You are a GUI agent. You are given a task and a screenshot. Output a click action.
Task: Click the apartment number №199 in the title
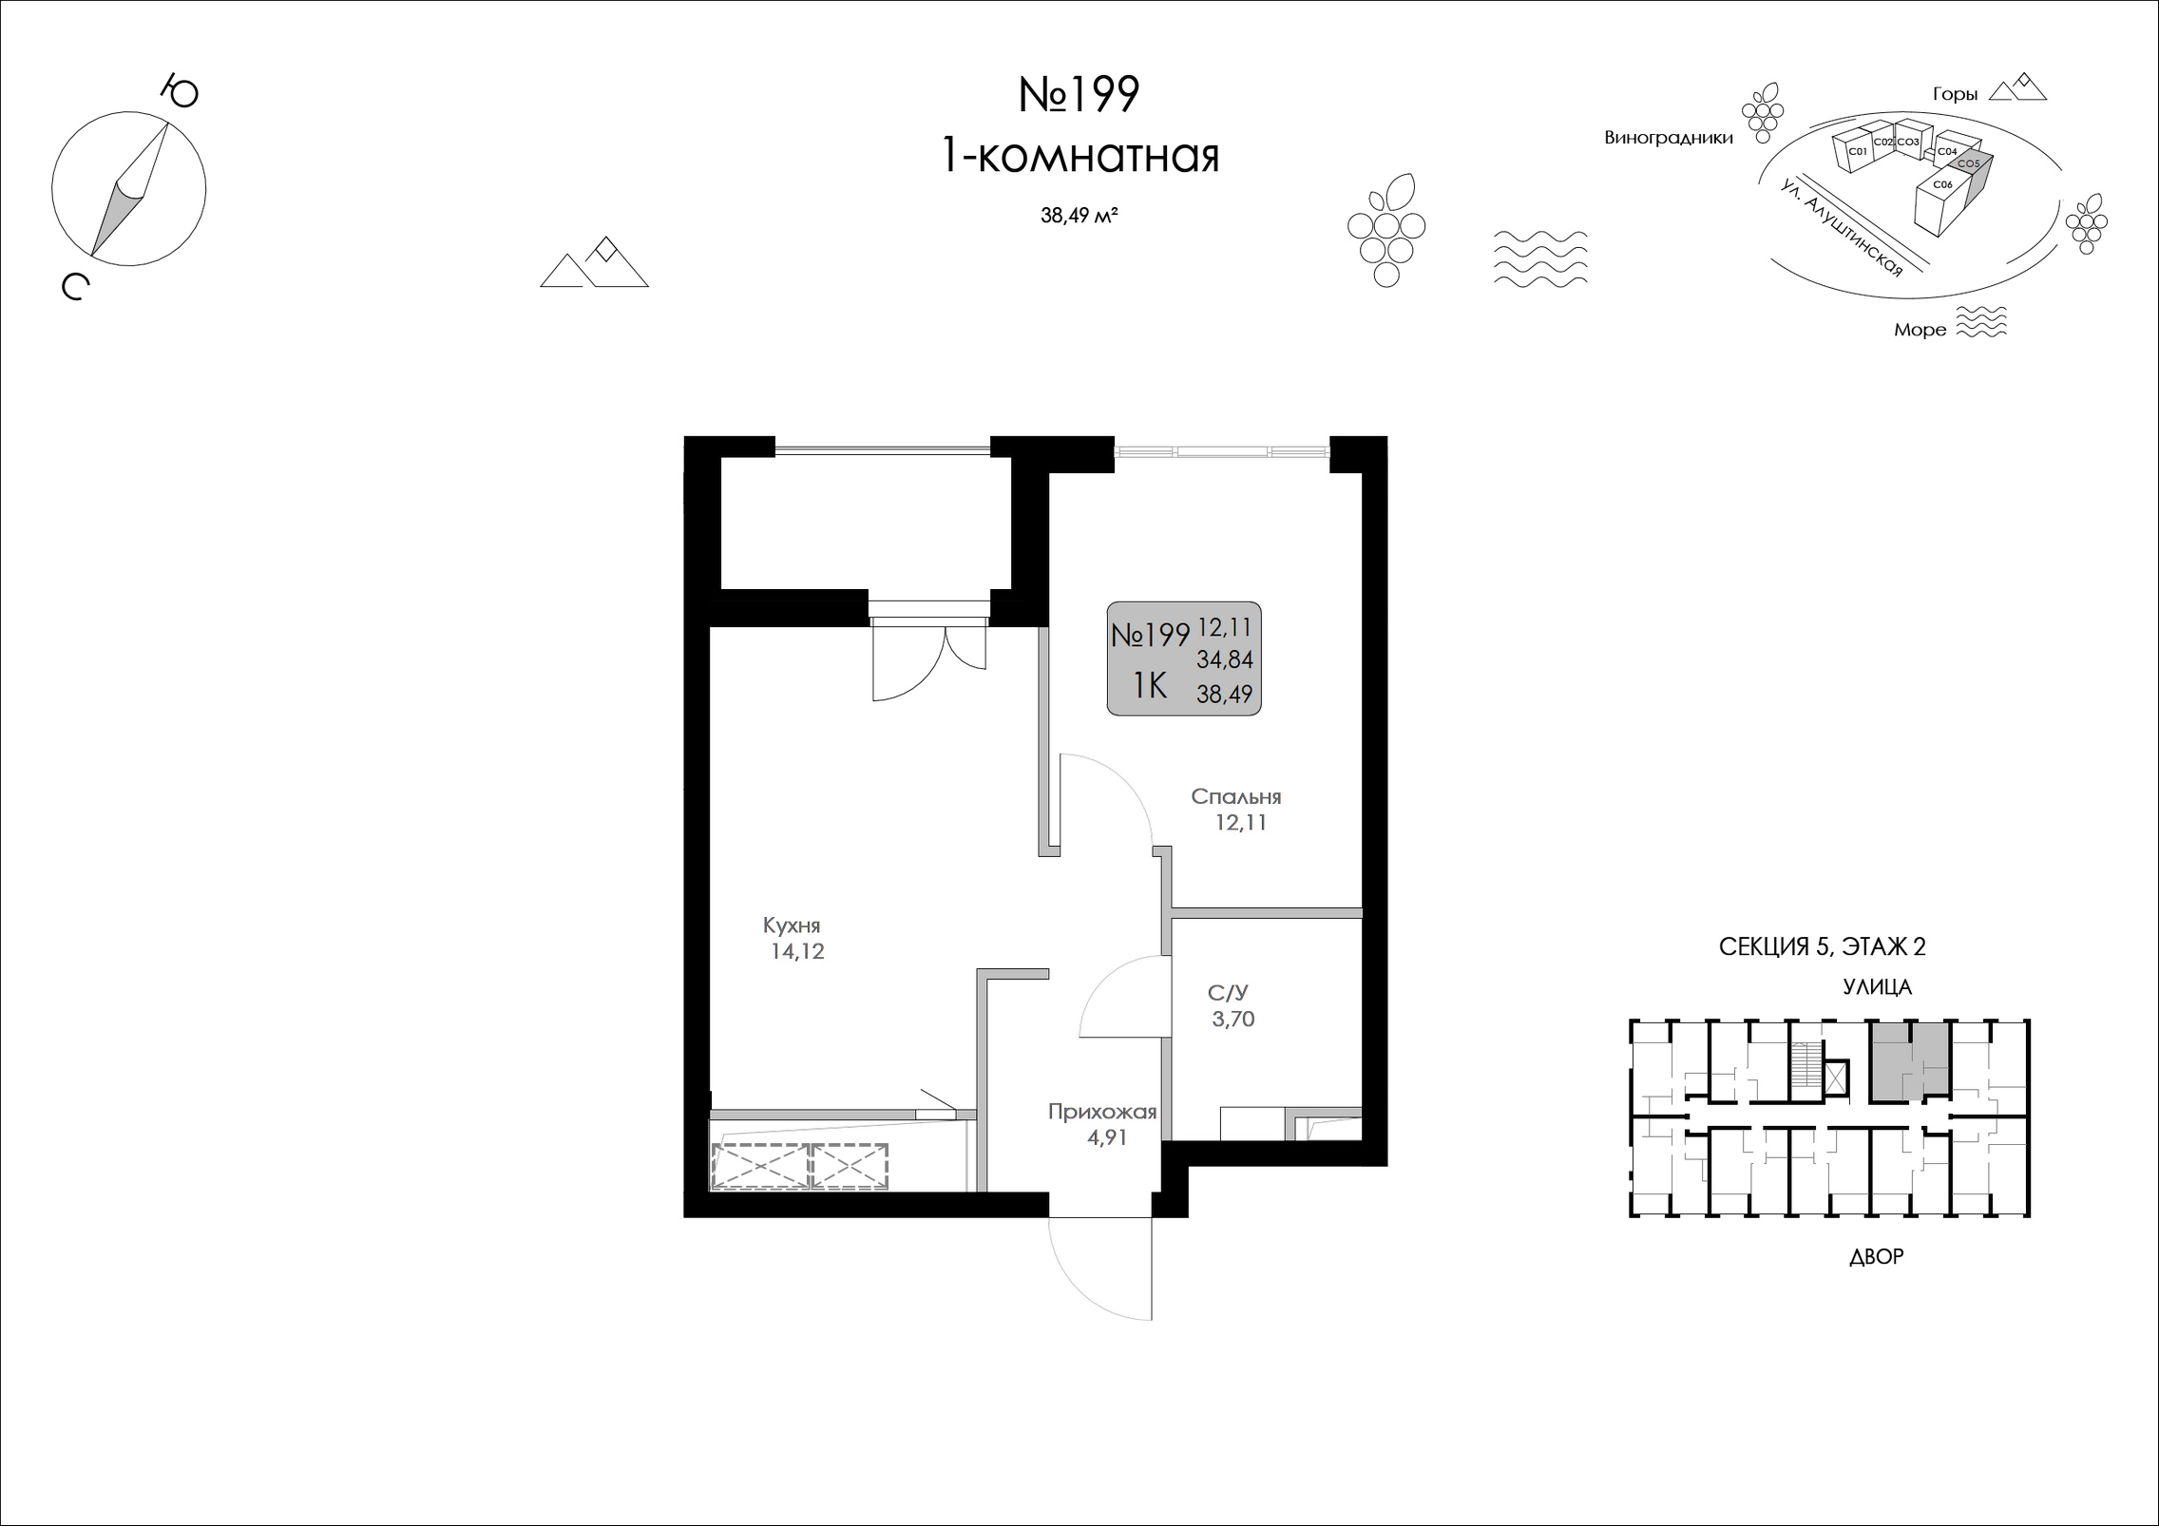click(x=1079, y=95)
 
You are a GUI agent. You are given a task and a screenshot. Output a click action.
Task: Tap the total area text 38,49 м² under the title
click(x=1079, y=216)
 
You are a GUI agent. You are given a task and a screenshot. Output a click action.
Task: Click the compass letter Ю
click(x=179, y=91)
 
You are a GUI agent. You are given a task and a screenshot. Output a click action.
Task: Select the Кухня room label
click(x=792, y=925)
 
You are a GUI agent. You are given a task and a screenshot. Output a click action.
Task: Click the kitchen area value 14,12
click(x=797, y=951)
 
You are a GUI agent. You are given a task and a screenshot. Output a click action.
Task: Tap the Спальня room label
click(x=1236, y=797)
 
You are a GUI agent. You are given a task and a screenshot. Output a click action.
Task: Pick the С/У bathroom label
click(x=1227, y=994)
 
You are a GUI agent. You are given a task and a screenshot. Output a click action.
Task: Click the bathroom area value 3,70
click(x=1232, y=1020)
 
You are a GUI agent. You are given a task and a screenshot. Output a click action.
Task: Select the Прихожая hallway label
click(x=1102, y=1112)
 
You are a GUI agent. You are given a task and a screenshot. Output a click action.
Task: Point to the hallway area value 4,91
click(x=1107, y=1137)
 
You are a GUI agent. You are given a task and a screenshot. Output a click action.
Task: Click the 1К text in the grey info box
click(x=1150, y=684)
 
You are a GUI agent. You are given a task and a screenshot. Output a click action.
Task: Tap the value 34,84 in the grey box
click(x=1225, y=659)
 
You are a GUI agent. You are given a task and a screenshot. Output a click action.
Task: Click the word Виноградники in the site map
click(x=1669, y=138)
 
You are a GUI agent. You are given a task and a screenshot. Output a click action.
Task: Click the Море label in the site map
click(x=1920, y=330)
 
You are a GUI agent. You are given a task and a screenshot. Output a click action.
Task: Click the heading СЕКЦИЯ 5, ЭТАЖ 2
click(x=1823, y=946)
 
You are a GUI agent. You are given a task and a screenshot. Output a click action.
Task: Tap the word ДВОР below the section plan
click(x=1877, y=1257)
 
